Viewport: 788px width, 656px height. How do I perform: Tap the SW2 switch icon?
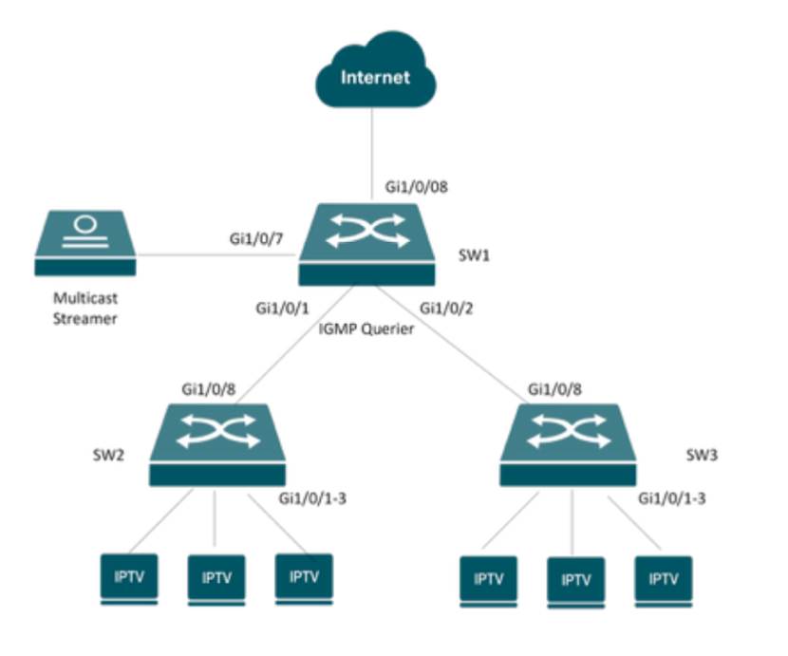(x=217, y=444)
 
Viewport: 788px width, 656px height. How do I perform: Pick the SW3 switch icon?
(x=570, y=444)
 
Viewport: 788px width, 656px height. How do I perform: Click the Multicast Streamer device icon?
(x=84, y=243)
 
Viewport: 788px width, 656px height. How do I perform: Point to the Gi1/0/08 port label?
(x=416, y=187)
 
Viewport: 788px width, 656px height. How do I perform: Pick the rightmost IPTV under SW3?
(x=664, y=577)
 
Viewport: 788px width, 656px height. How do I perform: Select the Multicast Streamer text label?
(x=84, y=309)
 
